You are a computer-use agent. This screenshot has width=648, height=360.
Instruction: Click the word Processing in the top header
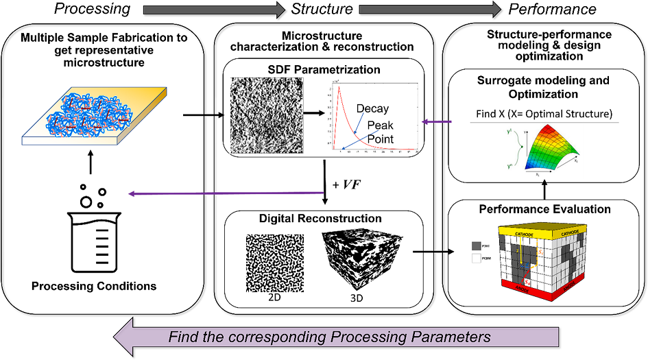pyautogui.click(x=92, y=9)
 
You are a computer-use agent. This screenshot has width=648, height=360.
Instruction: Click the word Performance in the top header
pyautogui.click(x=552, y=9)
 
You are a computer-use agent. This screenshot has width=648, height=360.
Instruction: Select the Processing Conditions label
pyautogui.click(x=93, y=285)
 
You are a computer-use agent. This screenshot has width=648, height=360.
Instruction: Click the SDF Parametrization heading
pyautogui.click(x=324, y=69)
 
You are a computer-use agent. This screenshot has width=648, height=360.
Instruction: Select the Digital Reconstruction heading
pyautogui.click(x=324, y=219)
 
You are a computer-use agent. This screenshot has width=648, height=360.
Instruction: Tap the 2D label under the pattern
pyautogui.click(x=274, y=298)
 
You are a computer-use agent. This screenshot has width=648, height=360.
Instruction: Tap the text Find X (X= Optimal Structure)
pyautogui.click(x=543, y=113)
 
